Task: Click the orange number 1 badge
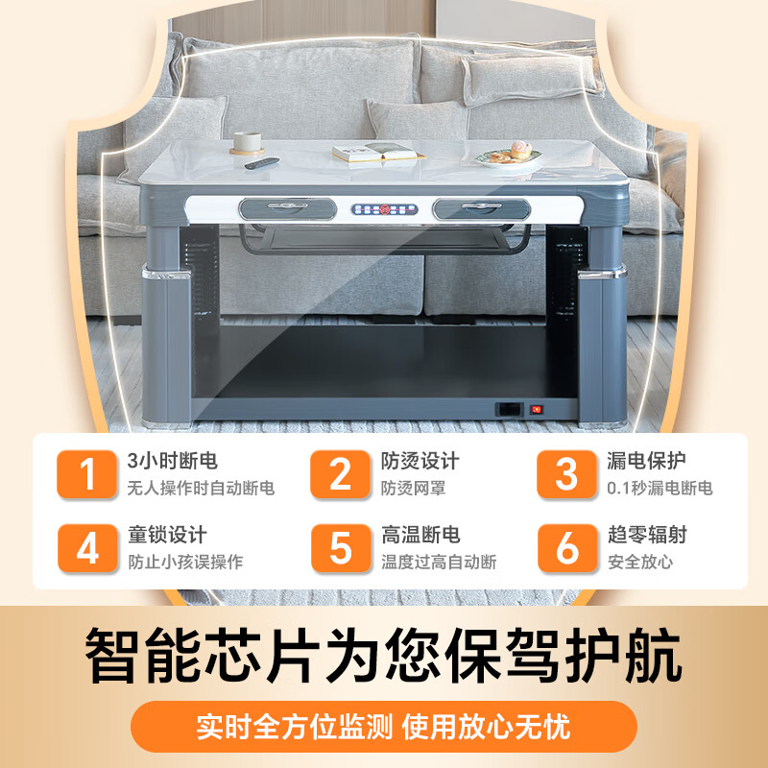88,474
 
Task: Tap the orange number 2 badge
341,474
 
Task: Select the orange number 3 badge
567,474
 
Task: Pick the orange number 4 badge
88,548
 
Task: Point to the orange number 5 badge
341,548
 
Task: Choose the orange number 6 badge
567,548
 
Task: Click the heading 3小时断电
166,462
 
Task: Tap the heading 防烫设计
420,462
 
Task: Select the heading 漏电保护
646,462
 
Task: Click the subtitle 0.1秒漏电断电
660,489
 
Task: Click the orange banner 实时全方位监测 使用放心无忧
384,726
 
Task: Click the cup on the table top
247,142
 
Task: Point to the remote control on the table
259,163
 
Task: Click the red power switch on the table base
537,409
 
